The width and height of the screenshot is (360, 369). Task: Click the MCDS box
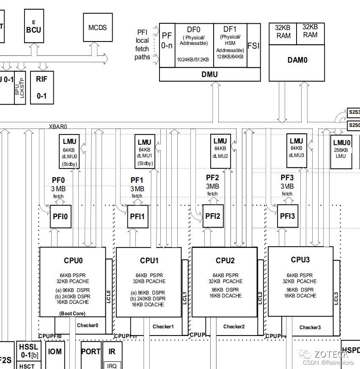(x=98, y=28)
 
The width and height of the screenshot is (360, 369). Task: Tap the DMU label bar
(x=210, y=74)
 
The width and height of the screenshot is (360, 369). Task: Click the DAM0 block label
(x=297, y=60)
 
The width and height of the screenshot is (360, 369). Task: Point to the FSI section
(x=253, y=46)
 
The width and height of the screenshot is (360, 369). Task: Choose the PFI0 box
(x=60, y=216)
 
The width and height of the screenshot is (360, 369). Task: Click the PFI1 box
(x=137, y=216)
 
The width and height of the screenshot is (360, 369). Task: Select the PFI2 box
(x=213, y=216)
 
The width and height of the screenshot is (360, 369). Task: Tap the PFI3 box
(x=287, y=216)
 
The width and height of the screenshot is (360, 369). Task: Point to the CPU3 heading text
(x=300, y=260)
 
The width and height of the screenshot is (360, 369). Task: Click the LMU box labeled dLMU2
(x=220, y=148)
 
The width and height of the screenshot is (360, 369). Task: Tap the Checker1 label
(x=163, y=326)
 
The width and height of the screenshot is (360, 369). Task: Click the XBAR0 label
(x=58, y=126)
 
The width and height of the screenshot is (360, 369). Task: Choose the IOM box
(x=55, y=351)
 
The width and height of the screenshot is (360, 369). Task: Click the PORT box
(x=91, y=351)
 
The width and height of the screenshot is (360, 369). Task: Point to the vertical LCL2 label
(x=260, y=296)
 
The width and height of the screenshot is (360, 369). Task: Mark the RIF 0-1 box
(x=42, y=87)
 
